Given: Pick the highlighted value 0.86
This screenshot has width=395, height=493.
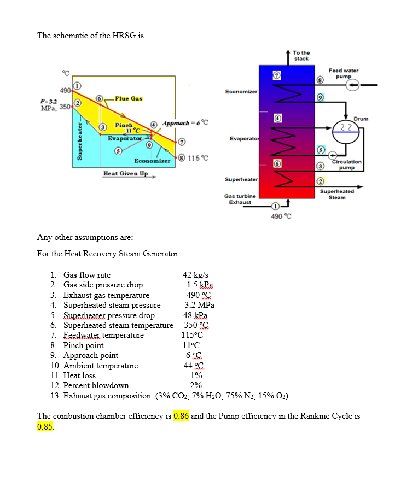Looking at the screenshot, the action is [181, 416].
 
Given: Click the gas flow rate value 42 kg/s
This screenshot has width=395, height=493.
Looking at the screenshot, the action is [195, 275].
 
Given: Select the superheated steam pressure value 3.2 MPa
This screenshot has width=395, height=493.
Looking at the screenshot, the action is [199, 305].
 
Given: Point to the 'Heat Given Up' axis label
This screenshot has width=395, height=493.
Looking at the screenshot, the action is [125, 174].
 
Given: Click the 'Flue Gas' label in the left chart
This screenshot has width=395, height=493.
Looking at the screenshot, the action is [129, 98].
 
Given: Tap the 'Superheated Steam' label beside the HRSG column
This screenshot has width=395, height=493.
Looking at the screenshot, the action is [336, 195].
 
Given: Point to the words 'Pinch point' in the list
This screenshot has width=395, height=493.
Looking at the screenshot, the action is [83, 345].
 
